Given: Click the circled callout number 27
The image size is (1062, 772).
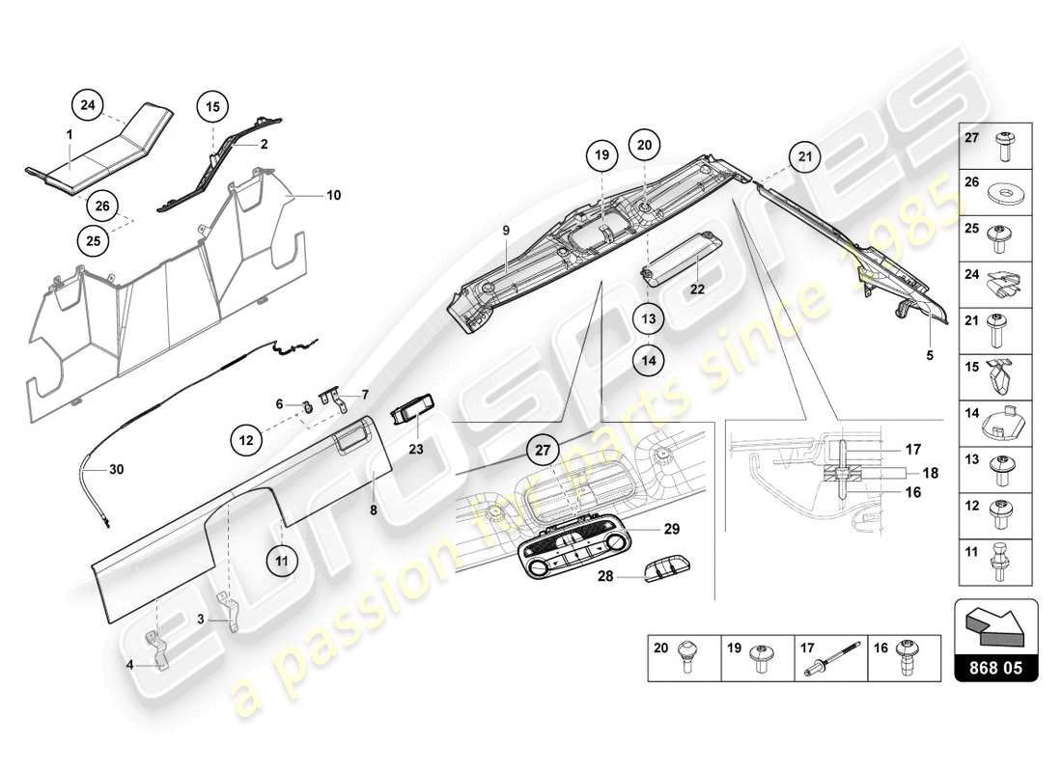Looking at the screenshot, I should coord(543,451).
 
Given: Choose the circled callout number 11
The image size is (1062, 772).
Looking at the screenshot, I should coord(282,558).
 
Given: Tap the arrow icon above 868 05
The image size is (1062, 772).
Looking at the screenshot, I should coord(995,626).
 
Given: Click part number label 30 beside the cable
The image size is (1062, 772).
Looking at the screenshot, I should coord(116,470).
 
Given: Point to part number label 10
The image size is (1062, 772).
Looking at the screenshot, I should coord(333,195).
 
